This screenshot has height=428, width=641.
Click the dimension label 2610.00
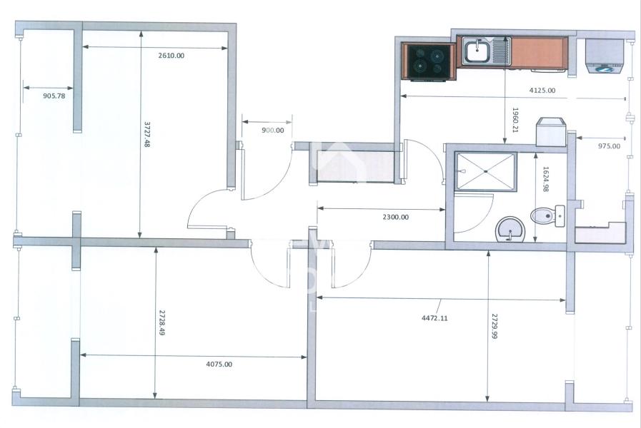[x=172, y=56]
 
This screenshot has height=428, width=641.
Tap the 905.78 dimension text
[x=54, y=96]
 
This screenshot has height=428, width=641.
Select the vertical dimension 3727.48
[x=146, y=133]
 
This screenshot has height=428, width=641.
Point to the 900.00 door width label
[x=273, y=130]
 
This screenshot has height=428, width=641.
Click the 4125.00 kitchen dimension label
[x=542, y=90]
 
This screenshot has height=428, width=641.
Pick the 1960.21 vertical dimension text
[x=515, y=120]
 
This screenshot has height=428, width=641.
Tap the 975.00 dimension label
[x=609, y=146]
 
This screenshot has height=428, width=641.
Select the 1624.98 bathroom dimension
[x=545, y=179]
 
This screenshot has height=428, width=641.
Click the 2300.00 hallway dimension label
[x=395, y=217]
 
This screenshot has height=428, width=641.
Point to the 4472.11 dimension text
[x=434, y=318]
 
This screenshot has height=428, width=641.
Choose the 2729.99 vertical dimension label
[x=495, y=326]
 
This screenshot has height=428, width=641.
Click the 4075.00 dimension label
[x=219, y=364]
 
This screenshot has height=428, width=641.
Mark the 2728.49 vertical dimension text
[x=162, y=322]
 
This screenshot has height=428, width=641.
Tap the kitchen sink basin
[x=477, y=51]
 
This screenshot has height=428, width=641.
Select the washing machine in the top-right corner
[x=605, y=56]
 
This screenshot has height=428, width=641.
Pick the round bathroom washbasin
[x=510, y=229]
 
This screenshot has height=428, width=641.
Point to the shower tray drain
[x=486, y=171]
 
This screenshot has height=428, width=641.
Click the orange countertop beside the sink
[x=537, y=53]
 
